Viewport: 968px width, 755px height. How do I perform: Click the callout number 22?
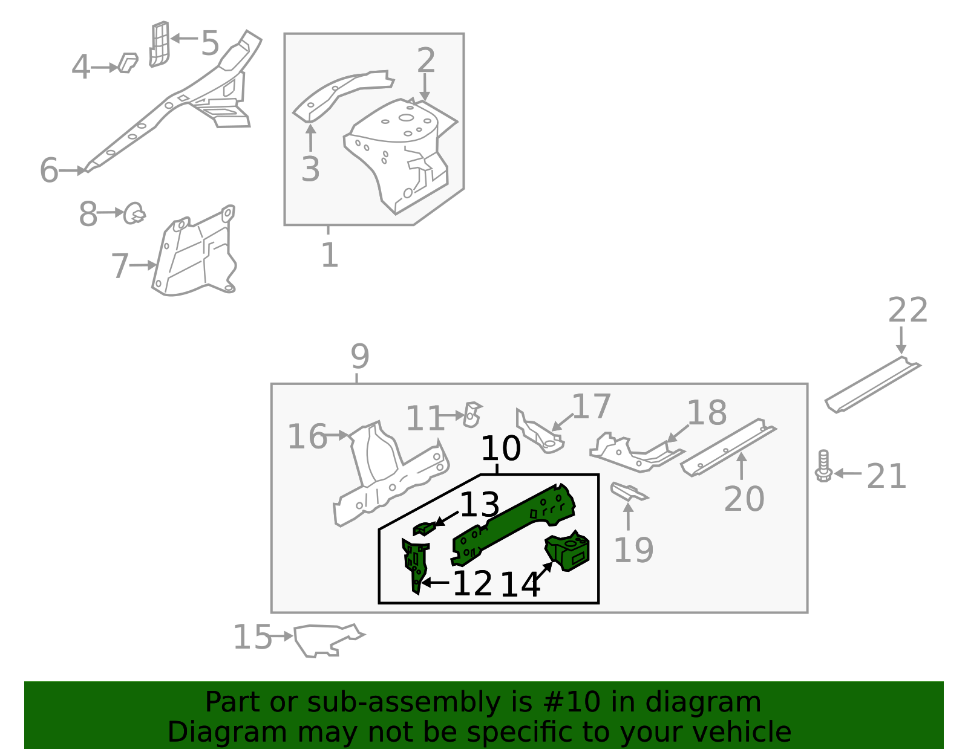click(907, 311)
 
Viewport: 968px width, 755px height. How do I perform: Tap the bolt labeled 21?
click(823, 466)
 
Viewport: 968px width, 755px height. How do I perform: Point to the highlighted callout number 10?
click(500, 449)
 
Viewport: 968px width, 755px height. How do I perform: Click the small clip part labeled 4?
click(128, 63)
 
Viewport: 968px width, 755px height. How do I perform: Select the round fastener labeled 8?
click(134, 213)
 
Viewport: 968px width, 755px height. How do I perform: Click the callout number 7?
click(120, 266)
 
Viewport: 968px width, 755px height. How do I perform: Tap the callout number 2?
click(426, 60)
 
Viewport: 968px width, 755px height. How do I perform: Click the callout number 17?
click(591, 407)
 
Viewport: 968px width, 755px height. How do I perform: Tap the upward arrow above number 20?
click(742, 465)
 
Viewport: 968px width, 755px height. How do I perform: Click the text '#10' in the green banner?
click(572, 702)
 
